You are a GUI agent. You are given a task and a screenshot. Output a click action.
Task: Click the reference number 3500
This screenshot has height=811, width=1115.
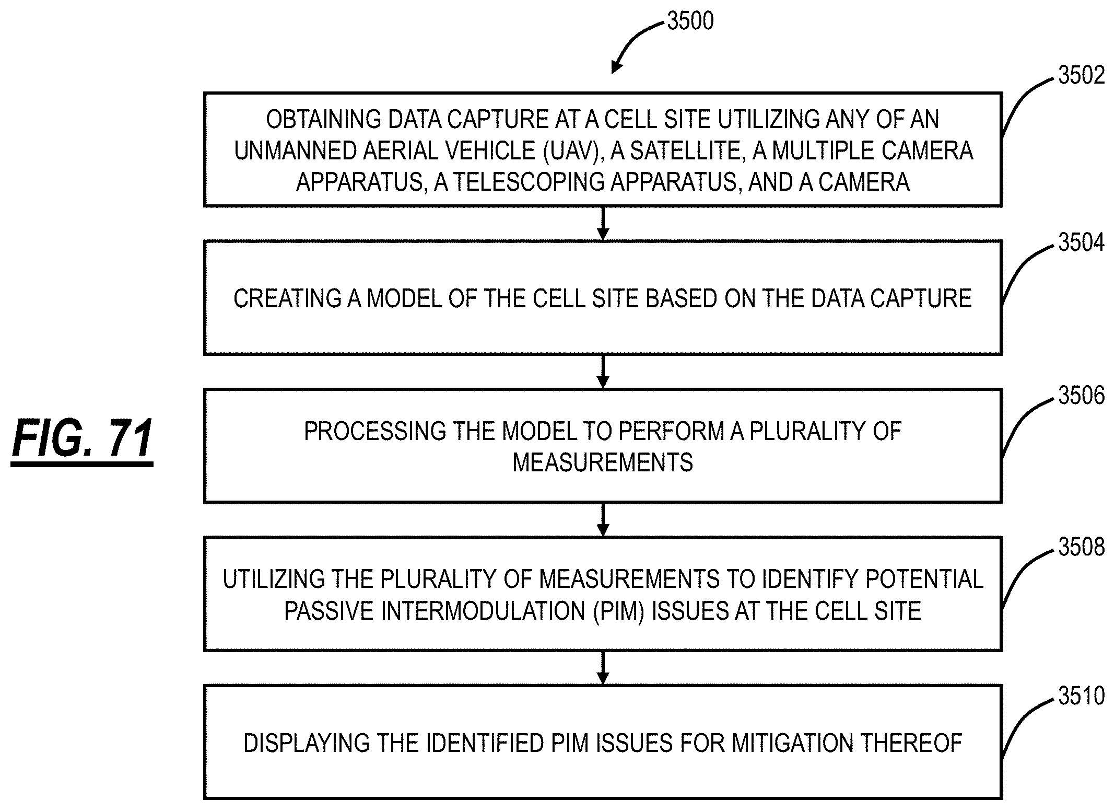click(690, 21)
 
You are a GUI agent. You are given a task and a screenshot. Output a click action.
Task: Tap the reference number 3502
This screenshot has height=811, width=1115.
click(1081, 76)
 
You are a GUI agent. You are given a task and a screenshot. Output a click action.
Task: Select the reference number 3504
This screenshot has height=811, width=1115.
click(1081, 243)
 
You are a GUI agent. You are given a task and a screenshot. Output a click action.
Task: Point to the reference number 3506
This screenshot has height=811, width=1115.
click(1081, 396)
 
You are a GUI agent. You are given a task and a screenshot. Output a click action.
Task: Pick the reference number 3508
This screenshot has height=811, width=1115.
click(1081, 547)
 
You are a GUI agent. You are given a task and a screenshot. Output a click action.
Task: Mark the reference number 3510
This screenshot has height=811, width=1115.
click(1081, 696)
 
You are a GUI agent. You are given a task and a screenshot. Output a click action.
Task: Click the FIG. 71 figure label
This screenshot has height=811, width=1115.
click(83, 438)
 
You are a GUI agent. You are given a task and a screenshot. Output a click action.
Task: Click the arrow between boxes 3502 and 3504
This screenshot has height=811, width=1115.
click(603, 224)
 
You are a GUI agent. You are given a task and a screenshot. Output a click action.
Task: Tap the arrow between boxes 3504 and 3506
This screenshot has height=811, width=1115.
click(603, 372)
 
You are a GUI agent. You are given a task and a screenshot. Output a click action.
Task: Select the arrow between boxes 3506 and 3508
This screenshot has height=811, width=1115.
click(603, 520)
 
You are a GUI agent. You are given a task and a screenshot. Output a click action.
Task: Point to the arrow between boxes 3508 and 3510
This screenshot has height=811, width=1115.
click(603, 668)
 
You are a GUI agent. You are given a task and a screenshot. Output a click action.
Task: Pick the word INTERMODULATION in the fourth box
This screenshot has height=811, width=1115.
click(483, 611)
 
